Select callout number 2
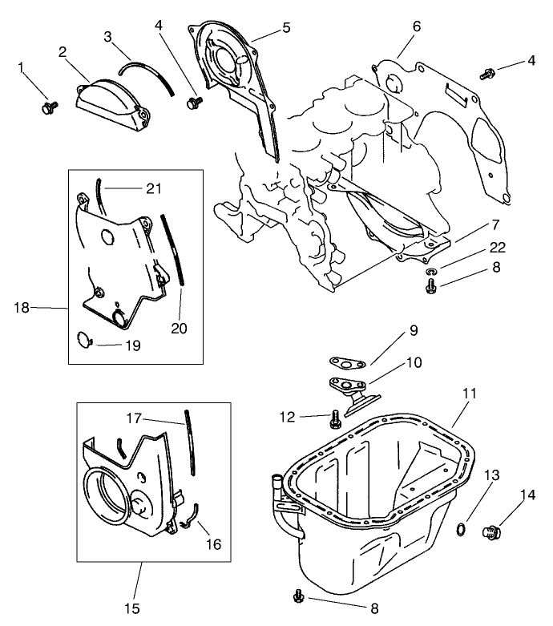click(x=62, y=53)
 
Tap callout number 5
click(x=286, y=27)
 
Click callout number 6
click(x=416, y=26)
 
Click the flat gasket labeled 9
click(x=345, y=363)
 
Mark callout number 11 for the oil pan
click(x=470, y=394)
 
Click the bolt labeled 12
click(x=335, y=417)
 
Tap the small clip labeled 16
click(x=188, y=523)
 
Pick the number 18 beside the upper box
click(x=24, y=307)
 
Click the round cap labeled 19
click(x=84, y=340)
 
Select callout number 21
click(x=154, y=188)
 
